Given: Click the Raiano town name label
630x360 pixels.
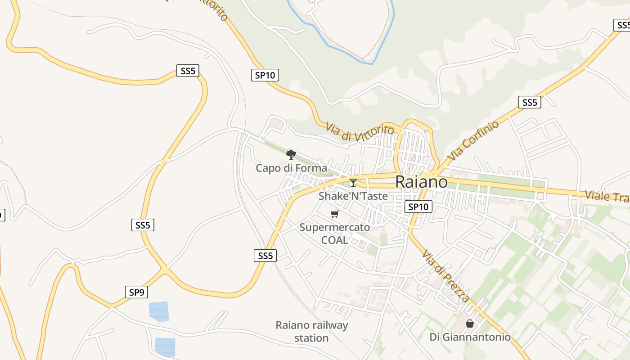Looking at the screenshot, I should pos(421,182).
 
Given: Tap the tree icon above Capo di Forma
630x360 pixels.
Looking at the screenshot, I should pos(291,155).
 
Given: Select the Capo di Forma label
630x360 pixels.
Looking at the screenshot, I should pos(292,168).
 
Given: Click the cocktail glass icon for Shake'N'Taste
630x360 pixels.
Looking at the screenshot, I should pos(353,182).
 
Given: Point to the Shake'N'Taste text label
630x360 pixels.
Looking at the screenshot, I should pos(353,196).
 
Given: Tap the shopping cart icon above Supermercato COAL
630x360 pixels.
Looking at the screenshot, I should pos(334,214).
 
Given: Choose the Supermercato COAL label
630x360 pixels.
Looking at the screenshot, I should pos(335,234).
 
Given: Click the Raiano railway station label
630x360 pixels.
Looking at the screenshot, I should pos(312,331).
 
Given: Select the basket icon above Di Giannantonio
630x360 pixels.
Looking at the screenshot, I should pos(470,323).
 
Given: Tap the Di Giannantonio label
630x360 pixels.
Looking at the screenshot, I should pos(470,337).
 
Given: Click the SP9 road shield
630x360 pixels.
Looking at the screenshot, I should pos(136,292).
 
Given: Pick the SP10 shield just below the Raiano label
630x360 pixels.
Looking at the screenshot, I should pos(418,207).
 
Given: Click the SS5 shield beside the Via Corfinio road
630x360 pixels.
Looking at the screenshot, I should pos(530,102).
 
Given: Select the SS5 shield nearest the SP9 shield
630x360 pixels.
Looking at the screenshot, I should pos(143,225).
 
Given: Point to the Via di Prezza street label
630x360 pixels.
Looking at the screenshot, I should pos(445,275).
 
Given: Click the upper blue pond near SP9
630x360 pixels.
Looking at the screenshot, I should pos(159,311).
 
